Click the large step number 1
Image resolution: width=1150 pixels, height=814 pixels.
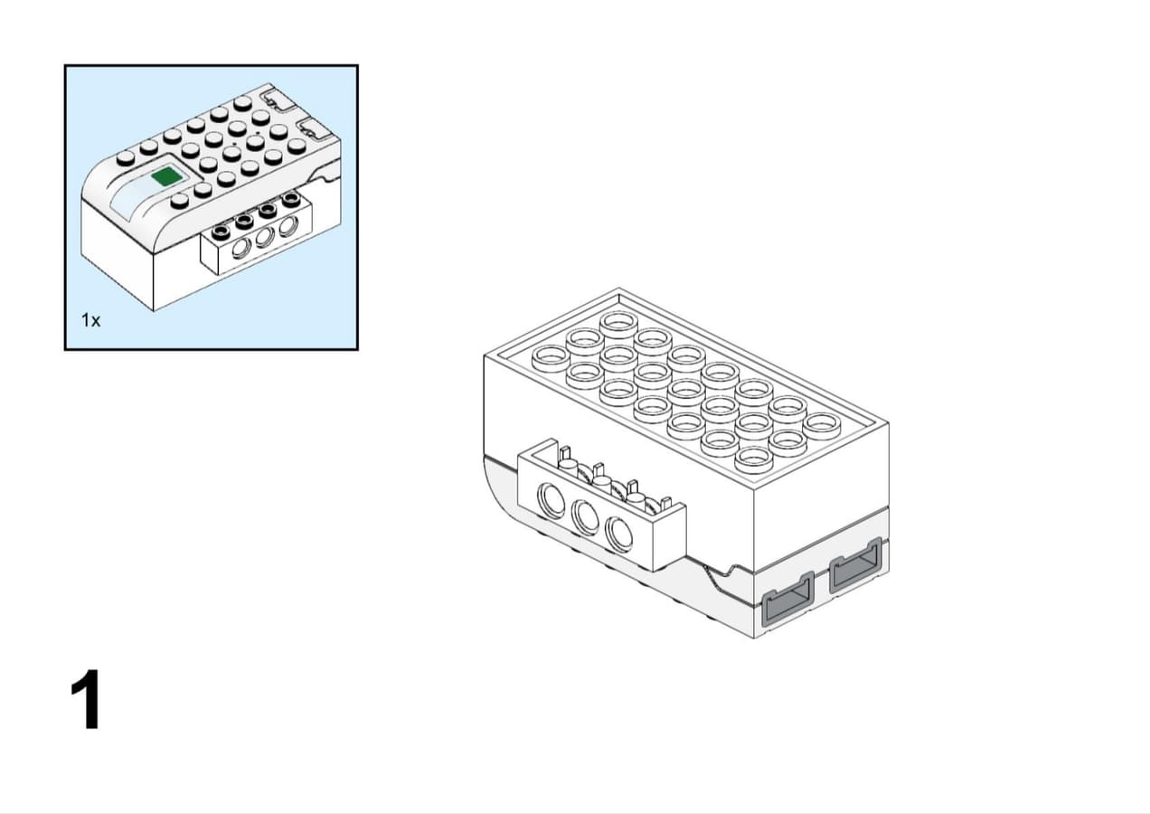coord(86,699)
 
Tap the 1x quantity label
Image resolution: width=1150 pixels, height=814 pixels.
coord(91,320)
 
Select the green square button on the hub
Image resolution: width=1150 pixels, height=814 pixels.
coord(167,176)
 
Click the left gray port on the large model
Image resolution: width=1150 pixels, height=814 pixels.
coord(788,599)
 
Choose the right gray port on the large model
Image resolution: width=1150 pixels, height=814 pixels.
coord(856,564)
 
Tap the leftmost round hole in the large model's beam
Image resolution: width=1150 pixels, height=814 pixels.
coord(551,500)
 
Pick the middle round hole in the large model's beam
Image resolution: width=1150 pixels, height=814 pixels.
coord(585,517)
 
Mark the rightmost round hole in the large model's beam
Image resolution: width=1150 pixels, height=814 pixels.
coord(618,535)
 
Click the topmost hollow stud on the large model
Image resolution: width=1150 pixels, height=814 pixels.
coord(618,324)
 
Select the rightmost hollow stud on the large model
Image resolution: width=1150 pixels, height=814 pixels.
coord(822,426)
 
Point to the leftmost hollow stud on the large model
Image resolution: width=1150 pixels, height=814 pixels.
coord(551,358)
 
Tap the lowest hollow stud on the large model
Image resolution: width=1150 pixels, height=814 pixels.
coord(754,459)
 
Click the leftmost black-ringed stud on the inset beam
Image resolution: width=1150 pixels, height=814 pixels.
coord(222,232)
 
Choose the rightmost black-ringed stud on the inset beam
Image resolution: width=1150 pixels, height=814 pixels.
coord(291,198)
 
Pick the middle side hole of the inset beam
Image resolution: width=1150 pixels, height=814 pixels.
coord(264,237)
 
